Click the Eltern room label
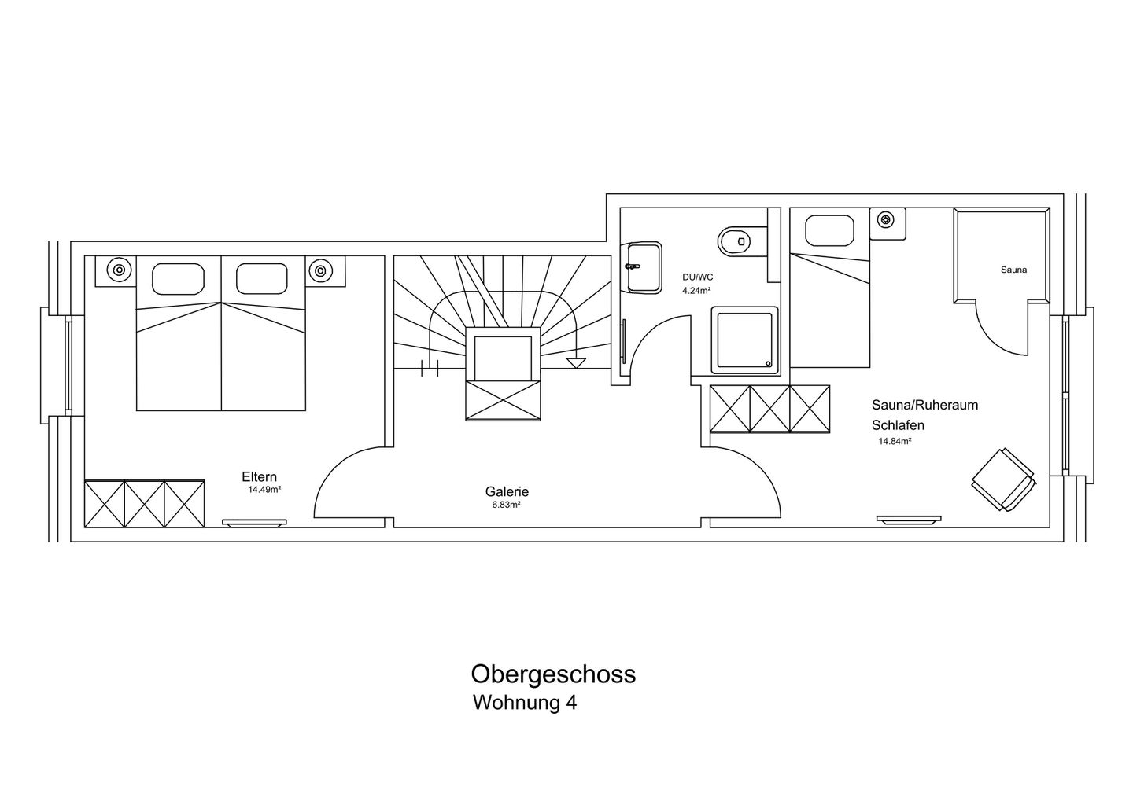(x=259, y=476)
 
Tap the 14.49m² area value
(x=264, y=489)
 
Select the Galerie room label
(x=507, y=492)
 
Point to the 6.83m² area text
(x=506, y=505)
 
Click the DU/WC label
(x=698, y=277)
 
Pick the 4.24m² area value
(x=696, y=289)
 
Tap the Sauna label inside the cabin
(x=1013, y=270)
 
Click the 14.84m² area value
(x=895, y=441)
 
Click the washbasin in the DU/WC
(x=643, y=267)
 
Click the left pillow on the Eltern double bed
(x=179, y=278)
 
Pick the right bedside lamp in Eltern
(x=320, y=270)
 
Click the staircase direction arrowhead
(x=577, y=362)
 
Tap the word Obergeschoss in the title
(x=553, y=674)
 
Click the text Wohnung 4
(x=524, y=702)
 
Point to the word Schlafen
(x=898, y=424)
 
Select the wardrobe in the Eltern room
(x=144, y=505)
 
